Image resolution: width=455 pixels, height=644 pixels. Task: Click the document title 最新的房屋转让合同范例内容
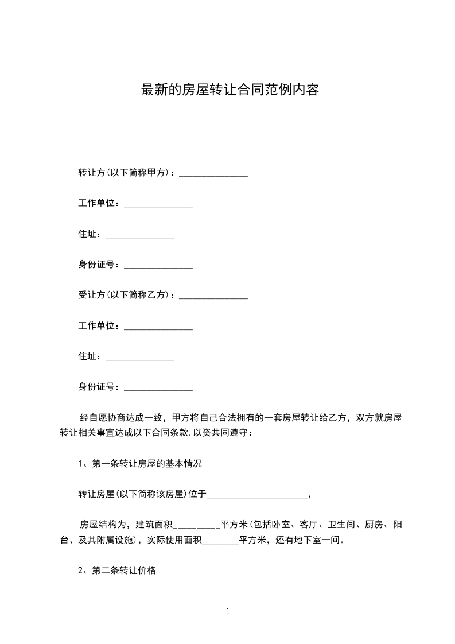click(x=230, y=90)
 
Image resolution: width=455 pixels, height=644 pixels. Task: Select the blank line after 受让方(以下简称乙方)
click(x=213, y=297)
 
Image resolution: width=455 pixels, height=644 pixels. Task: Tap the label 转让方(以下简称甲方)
click(x=126, y=173)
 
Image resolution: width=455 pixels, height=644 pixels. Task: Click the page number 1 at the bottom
click(x=228, y=611)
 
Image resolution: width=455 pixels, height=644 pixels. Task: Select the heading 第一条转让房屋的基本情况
click(x=147, y=464)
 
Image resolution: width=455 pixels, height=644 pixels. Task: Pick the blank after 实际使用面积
click(x=221, y=542)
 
